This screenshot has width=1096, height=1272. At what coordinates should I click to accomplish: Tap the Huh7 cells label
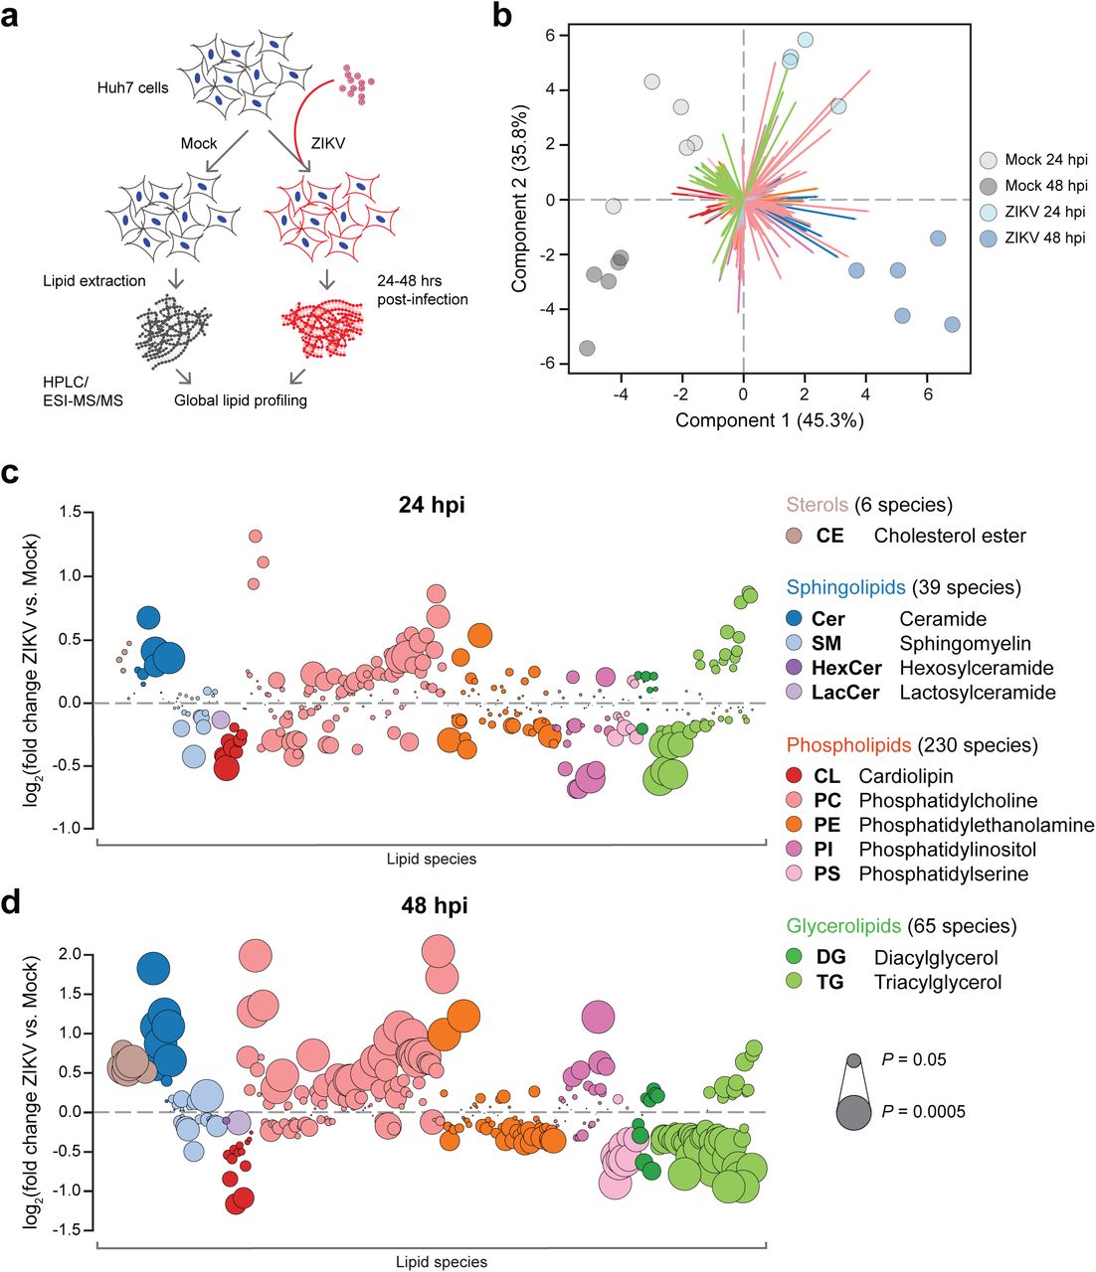[132, 87]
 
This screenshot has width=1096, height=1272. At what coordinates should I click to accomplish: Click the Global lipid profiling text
[241, 400]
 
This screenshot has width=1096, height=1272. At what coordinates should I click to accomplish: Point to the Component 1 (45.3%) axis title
[769, 419]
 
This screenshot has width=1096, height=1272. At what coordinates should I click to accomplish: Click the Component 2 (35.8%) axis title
[520, 200]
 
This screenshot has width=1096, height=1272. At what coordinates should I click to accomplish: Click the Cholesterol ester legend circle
[794, 536]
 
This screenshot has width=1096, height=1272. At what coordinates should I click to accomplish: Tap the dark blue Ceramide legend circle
[794, 619]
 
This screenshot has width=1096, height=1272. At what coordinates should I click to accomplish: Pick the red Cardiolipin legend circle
[794, 776]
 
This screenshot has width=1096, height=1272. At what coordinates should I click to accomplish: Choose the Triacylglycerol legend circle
[794, 982]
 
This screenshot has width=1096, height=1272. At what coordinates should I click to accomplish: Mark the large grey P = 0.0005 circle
[853, 1111]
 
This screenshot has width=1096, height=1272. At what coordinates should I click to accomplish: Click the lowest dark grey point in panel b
[588, 348]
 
